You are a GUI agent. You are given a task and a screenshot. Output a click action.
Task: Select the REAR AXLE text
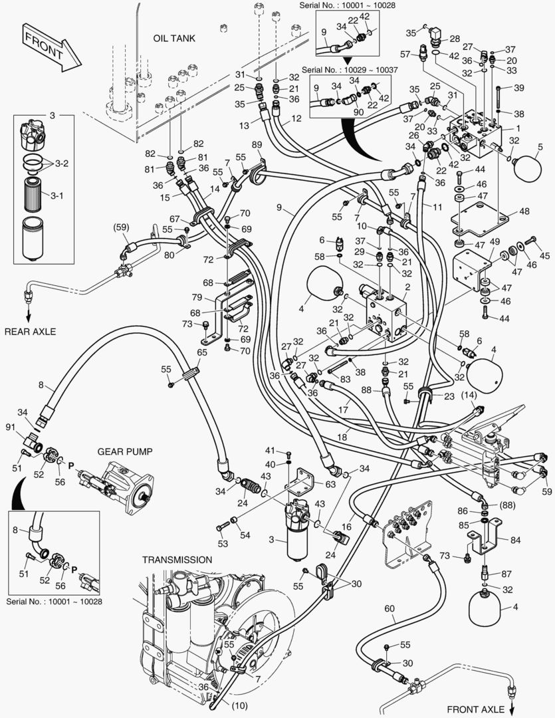pyautogui.click(x=31, y=331)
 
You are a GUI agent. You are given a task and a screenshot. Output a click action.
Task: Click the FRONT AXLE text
pyautogui.click(x=476, y=709)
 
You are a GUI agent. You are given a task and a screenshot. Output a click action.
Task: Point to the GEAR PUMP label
pyautogui.click(x=125, y=451)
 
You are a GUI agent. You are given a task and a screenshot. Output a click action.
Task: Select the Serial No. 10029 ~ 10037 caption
pyautogui.click(x=349, y=69)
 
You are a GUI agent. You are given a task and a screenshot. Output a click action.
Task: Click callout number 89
pyautogui.click(x=257, y=145)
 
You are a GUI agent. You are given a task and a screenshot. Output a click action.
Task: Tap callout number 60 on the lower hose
pyautogui.click(x=389, y=608)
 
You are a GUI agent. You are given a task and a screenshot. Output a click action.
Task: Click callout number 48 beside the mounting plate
pyautogui.click(x=524, y=211)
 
